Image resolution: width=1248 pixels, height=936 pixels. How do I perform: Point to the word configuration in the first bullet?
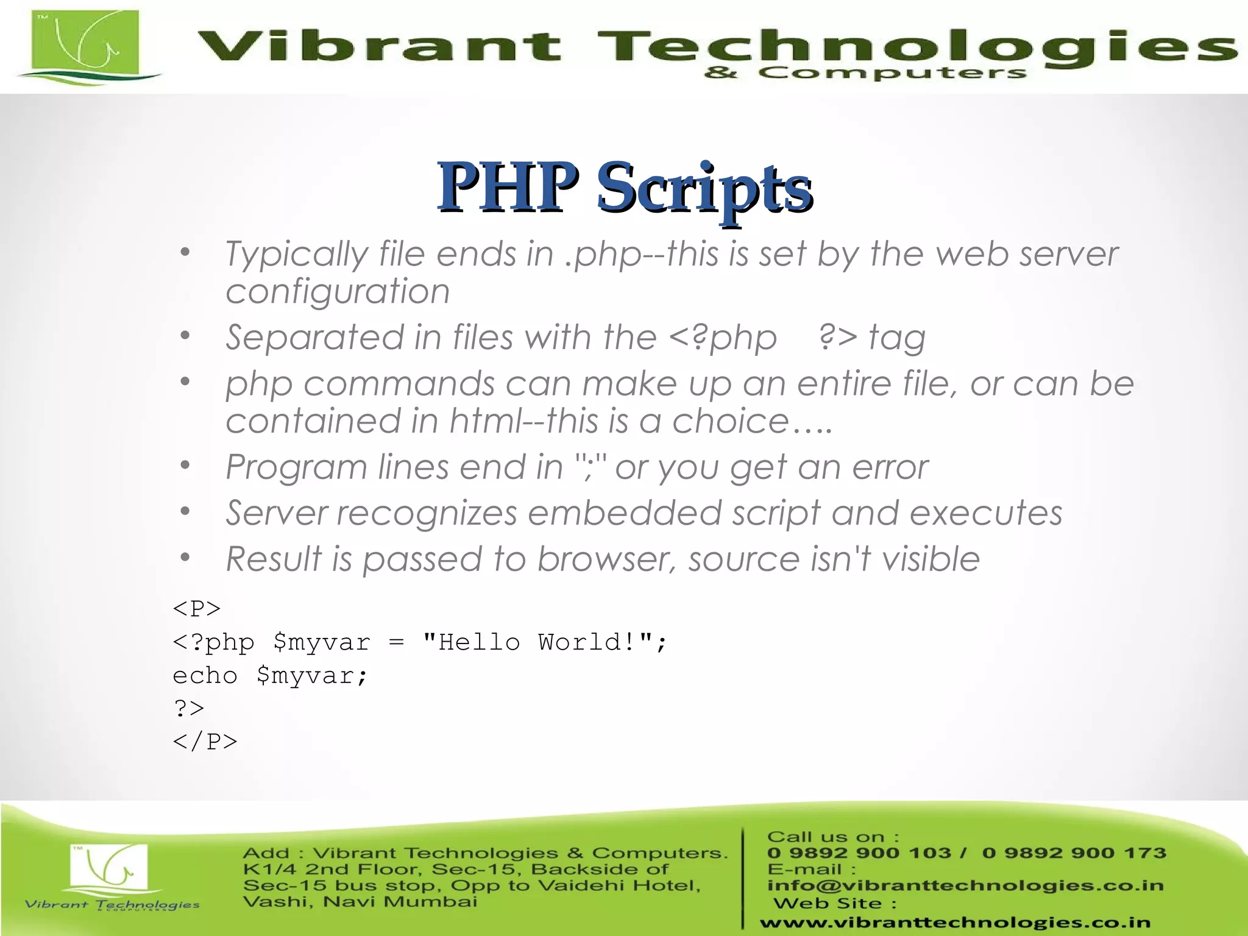[x=338, y=291]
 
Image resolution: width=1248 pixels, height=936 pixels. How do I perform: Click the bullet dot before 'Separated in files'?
[x=185, y=335]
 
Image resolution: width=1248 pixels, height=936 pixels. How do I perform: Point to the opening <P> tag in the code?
[x=197, y=608]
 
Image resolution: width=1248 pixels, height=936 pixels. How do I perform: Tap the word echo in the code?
[x=205, y=675]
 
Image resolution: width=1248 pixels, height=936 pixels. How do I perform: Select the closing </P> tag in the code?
[x=205, y=742]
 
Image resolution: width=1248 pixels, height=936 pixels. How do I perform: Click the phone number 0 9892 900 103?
[x=859, y=853]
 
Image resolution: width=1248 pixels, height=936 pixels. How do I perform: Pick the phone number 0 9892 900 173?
[x=1074, y=853]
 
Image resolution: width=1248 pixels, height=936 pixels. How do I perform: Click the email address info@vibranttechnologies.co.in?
[x=965, y=885]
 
